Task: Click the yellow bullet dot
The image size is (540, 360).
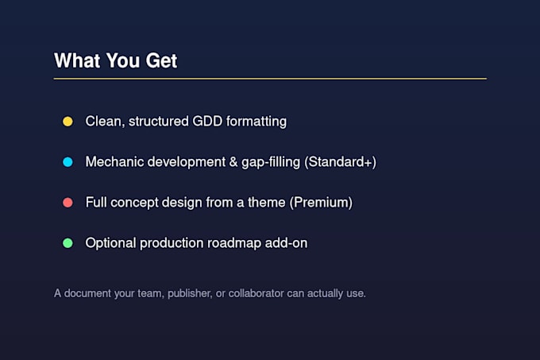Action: pos(67,122)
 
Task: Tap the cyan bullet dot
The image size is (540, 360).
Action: pos(67,162)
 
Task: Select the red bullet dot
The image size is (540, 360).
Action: pos(67,203)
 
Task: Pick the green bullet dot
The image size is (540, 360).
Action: pos(67,243)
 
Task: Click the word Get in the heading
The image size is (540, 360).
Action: pos(161,60)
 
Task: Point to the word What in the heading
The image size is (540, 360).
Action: pos(77,60)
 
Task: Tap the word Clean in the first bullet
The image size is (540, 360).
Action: pos(105,122)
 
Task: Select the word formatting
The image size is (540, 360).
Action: pos(256,122)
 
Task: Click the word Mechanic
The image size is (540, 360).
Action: pos(114,162)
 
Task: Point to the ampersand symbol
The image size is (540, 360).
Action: pos(233,162)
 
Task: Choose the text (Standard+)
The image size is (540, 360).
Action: pos(340,162)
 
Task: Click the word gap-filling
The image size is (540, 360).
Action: pos(271,162)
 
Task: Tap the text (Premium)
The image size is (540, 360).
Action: pos(321,203)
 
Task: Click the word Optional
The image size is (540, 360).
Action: pos(110,243)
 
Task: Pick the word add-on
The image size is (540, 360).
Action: pos(286,243)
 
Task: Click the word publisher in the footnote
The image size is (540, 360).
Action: pos(190,293)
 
